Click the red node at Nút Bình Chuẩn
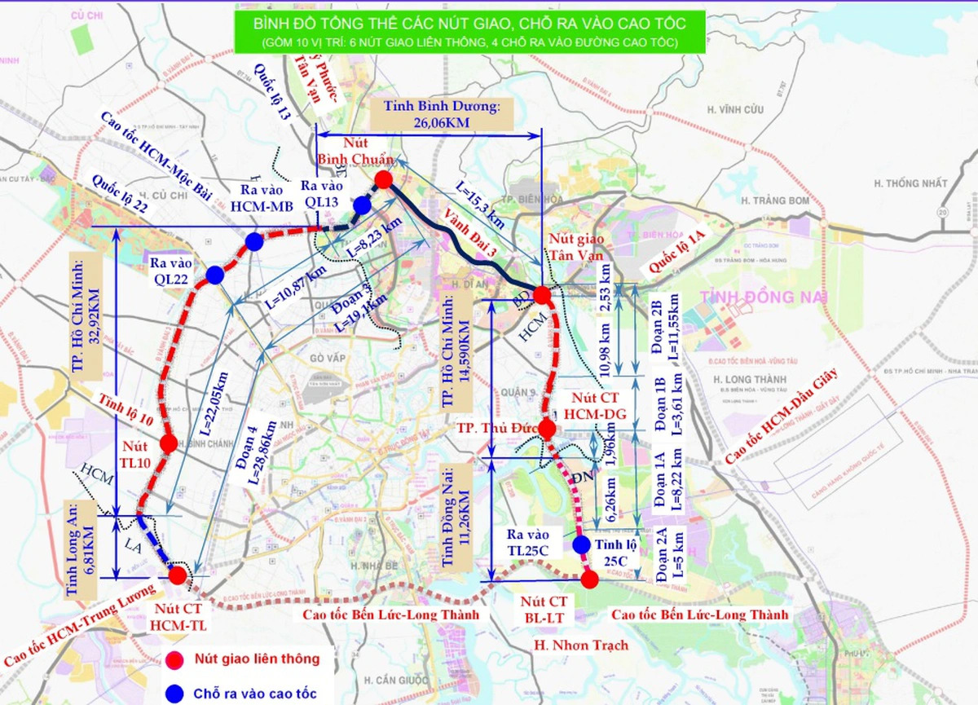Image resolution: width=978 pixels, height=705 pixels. coord(384,179)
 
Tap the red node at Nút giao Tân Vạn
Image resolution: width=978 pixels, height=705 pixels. coord(542,294)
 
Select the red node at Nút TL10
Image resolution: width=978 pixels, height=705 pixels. coord(169,444)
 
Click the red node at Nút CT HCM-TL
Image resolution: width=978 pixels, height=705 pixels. coord(178,575)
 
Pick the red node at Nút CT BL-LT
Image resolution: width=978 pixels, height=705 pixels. coord(589,579)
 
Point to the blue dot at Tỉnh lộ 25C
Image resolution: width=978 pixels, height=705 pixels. coord(581,544)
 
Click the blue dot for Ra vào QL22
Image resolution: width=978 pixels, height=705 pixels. coord(215,275)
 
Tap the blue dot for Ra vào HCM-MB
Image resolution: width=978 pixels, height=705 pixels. coord(254,241)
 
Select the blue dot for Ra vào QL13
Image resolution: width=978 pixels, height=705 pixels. coord(362,204)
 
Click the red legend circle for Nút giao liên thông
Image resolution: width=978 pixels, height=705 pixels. coord(172,659)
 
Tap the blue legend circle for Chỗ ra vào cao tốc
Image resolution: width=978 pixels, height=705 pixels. coord(172,694)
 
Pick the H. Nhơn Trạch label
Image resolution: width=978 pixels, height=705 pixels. coord(581,646)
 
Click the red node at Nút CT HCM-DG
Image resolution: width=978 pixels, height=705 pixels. coord(547,430)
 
